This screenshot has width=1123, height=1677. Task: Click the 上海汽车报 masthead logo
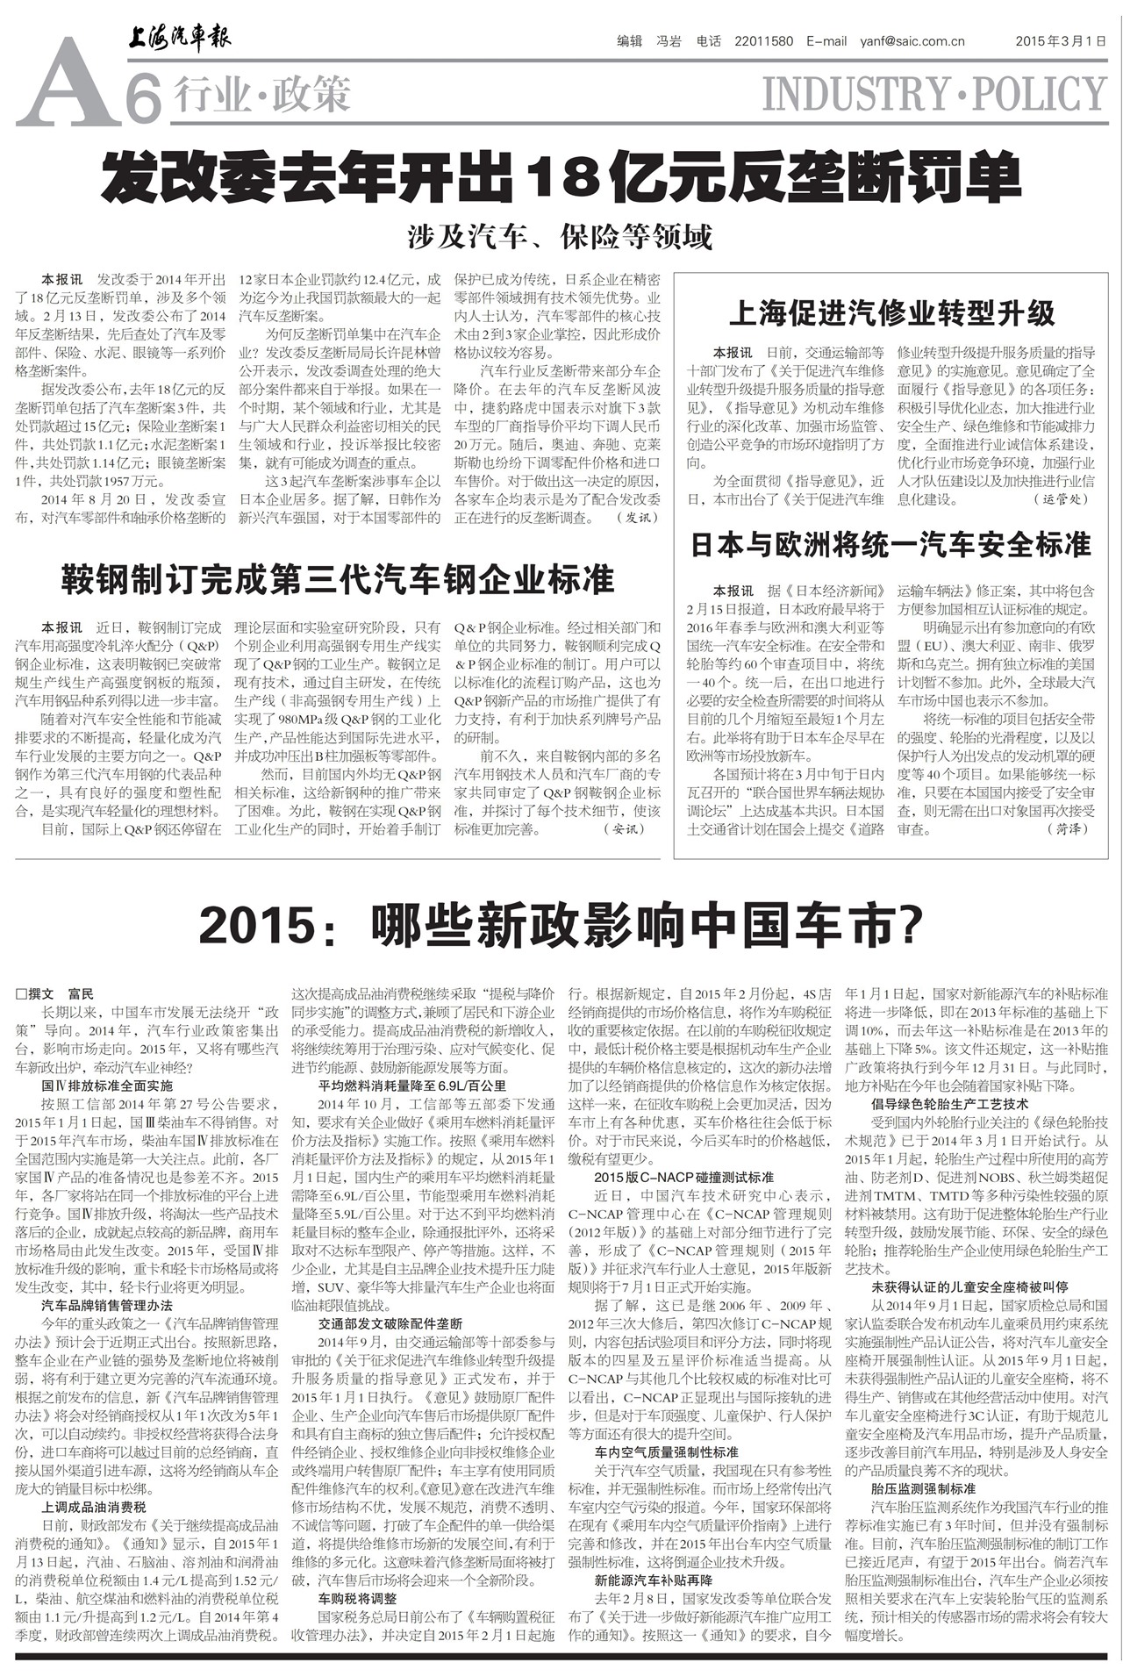tap(180, 39)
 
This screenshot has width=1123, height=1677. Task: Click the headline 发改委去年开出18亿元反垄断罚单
tap(561, 176)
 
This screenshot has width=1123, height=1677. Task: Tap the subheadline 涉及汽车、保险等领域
tap(560, 236)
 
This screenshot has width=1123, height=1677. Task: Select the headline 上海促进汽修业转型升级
tap(892, 313)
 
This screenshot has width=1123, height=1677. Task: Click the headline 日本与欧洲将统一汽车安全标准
tap(891, 545)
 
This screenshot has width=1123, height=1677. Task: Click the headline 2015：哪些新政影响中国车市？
tap(561, 923)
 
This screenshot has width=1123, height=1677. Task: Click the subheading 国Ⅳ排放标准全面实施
tap(107, 1086)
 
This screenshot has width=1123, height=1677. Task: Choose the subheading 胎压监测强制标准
tap(923, 1489)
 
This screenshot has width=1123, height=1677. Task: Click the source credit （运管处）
tap(1065, 499)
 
